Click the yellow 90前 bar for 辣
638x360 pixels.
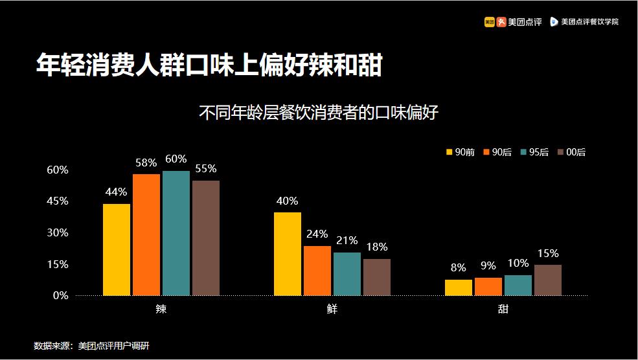click(x=117, y=250)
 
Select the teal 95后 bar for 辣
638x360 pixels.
click(x=176, y=233)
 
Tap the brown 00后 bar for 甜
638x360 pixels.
click(x=548, y=280)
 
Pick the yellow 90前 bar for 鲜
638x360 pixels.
click(x=288, y=254)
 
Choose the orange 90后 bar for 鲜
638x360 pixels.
click(x=317, y=271)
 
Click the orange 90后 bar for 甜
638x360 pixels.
click(x=488, y=286)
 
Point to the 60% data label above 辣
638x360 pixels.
click(x=176, y=159)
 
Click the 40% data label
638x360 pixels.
click(x=287, y=201)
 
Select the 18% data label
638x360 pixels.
click(x=376, y=247)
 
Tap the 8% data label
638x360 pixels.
click(x=459, y=267)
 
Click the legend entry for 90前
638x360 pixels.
click(x=461, y=152)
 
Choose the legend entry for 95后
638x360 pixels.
click(x=534, y=152)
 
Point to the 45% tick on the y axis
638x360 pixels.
click(x=58, y=201)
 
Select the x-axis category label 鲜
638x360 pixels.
click(x=332, y=309)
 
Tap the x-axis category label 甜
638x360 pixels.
click(x=503, y=309)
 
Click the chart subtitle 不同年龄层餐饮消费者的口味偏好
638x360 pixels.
click(x=319, y=113)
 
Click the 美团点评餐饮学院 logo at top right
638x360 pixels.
click(x=584, y=21)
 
